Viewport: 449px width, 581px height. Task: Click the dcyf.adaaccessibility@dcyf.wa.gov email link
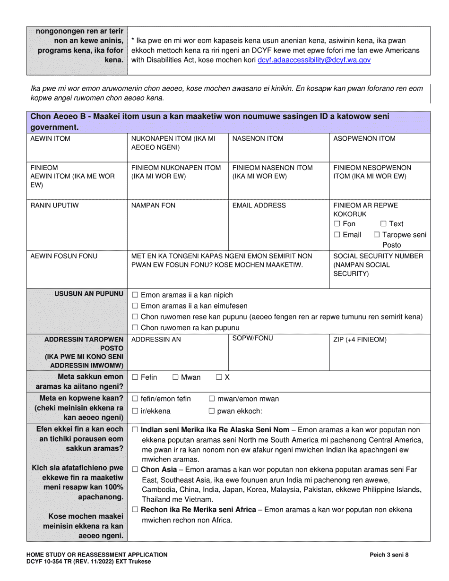point(314,60)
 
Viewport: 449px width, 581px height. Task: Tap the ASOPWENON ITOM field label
point(364,138)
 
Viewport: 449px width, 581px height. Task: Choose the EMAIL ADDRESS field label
point(259,205)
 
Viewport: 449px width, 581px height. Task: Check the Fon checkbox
point(337,224)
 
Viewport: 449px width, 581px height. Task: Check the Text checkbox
point(384,224)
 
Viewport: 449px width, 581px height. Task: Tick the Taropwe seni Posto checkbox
point(377,235)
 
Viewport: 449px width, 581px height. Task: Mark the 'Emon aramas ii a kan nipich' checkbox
point(135,295)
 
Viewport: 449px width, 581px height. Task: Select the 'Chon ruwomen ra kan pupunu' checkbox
point(135,328)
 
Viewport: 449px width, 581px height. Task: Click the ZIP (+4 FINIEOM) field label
point(360,339)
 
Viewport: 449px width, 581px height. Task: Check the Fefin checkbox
point(135,377)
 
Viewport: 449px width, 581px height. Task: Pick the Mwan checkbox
point(175,377)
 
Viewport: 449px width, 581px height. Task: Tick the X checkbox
point(219,377)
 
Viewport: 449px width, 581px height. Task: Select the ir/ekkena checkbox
point(135,411)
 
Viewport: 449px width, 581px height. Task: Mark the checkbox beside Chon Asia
point(135,470)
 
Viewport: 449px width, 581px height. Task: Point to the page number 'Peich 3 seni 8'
point(389,555)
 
